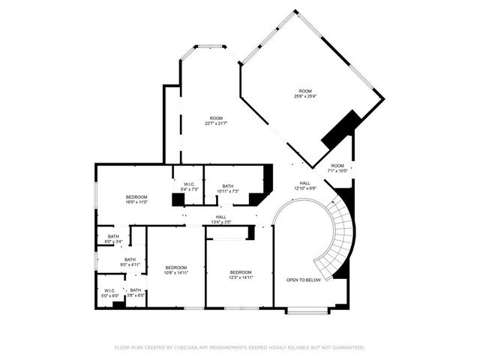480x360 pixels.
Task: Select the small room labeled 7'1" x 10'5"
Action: pyautogui.click(x=337, y=168)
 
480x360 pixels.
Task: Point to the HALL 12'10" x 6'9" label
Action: pyautogui.click(x=305, y=186)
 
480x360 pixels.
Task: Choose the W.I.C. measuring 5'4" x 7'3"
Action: pyautogui.click(x=189, y=187)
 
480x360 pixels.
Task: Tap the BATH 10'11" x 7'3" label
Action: pyautogui.click(x=227, y=188)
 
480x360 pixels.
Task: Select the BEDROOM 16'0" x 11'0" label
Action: pyautogui.click(x=136, y=199)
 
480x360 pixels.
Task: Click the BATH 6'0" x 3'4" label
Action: pyautogui.click(x=109, y=239)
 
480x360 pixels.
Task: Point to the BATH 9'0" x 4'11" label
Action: pyautogui.click(x=130, y=262)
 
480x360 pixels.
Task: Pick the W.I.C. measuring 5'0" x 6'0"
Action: pyautogui.click(x=109, y=292)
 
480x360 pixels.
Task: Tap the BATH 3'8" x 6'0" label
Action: pyautogui.click(x=136, y=292)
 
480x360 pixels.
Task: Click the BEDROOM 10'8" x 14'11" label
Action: pyautogui.click(x=176, y=270)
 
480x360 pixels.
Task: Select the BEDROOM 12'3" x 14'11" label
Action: pyautogui.click(x=240, y=274)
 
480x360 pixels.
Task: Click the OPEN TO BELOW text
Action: pyautogui.click(x=304, y=280)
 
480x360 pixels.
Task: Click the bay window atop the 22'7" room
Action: pyautogui.click(x=210, y=46)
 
